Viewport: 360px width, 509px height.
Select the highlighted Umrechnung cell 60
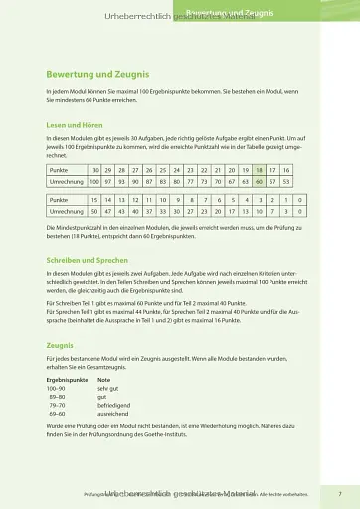[x=260, y=183]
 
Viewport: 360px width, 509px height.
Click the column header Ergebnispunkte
[x=67, y=380]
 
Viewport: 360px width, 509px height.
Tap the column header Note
[x=103, y=380]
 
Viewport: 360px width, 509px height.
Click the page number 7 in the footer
[x=340, y=492]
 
